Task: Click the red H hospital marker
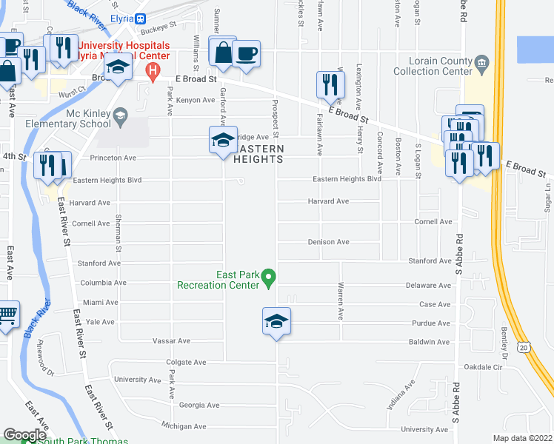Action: (x=153, y=72)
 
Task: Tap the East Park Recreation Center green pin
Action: (x=270, y=280)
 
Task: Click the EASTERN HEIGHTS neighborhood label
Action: (x=259, y=153)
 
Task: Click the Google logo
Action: (x=24, y=435)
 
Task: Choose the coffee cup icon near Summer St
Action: (x=246, y=54)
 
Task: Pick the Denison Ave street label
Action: (x=328, y=242)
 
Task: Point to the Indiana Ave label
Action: (x=399, y=396)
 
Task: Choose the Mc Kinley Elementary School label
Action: (x=78, y=118)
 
